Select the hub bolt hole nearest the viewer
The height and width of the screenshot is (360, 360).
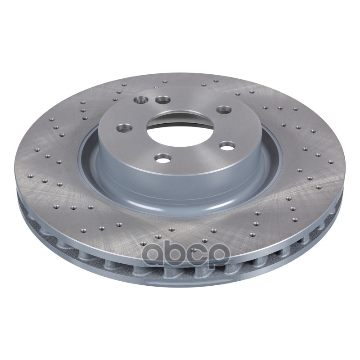click(x=163, y=158)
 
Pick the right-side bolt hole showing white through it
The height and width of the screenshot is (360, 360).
click(x=227, y=145)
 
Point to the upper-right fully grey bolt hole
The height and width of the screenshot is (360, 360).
click(x=225, y=109)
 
